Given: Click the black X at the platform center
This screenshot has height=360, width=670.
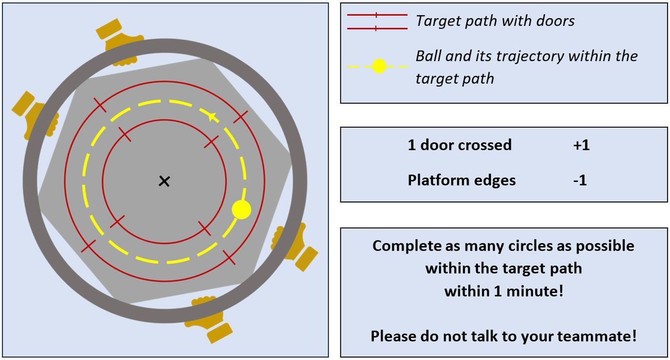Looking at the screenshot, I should (164, 181).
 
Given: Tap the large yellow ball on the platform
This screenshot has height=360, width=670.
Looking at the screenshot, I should (241, 210).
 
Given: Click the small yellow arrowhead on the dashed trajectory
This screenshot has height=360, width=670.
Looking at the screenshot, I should (212, 116).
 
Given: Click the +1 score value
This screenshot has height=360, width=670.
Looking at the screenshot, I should (581, 145).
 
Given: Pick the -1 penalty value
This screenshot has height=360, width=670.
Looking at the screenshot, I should (580, 180).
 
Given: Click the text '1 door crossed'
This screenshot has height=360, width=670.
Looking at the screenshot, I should (460, 145).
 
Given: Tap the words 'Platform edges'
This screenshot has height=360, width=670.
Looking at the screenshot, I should (461, 180).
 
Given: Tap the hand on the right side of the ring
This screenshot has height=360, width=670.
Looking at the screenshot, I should (292, 246).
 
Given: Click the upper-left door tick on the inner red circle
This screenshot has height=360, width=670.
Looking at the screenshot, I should (124, 134).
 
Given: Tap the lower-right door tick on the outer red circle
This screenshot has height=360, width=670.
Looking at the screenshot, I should (229, 258).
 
